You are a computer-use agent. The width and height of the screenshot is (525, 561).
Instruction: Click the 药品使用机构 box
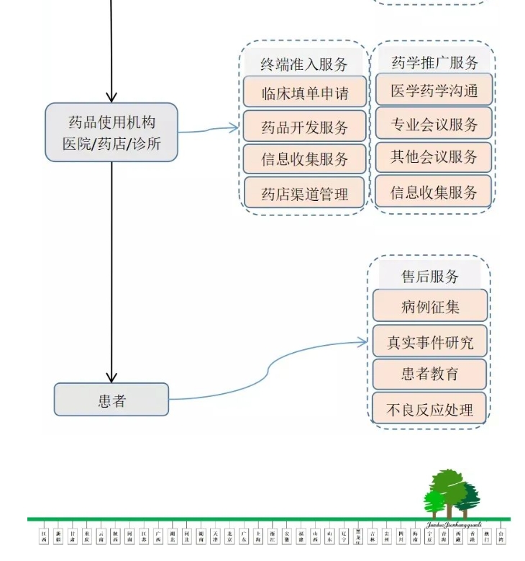[x=111, y=133]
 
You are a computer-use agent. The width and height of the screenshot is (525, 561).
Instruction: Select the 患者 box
[x=111, y=400]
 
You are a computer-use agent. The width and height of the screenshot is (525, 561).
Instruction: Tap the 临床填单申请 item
[x=304, y=93]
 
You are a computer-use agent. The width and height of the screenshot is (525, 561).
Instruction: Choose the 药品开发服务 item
[x=304, y=127]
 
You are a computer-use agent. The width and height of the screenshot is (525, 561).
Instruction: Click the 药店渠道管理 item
[x=304, y=194]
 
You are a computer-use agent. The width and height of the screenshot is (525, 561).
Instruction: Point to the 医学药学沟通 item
[x=434, y=90]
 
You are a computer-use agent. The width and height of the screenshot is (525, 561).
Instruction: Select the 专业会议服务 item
[x=434, y=124]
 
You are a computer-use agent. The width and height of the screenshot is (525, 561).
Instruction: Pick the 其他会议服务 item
[x=434, y=157]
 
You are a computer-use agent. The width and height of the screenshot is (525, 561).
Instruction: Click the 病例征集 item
[x=429, y=306]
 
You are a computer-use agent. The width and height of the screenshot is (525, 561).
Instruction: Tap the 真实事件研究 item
[x=429, y=341]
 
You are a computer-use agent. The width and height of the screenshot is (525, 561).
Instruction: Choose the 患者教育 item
[x=429, y=374]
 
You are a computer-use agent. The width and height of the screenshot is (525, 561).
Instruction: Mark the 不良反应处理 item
[x=429, y=409]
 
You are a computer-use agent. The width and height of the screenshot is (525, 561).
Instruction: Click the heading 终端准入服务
[x=304, y=63]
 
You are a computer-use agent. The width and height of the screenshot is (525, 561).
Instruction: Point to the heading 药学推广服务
[x=434, y=63]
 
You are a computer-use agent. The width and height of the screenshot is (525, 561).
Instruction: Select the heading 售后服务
[x=429, y=276]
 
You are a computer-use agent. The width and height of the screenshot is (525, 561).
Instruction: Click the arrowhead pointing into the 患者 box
[x=111, y=377]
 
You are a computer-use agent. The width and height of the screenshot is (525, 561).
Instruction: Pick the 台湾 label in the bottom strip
[x=501, y=537]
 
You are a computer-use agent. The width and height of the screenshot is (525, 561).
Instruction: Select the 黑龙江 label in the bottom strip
[x=358, y=537]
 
